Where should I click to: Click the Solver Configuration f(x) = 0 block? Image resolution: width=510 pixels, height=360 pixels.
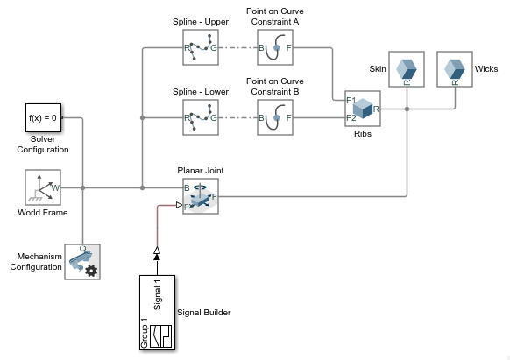coord(43,116)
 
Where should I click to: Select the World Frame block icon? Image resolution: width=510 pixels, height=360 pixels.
coord(43,187)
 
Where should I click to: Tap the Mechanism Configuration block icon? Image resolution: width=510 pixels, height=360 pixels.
coord(82,262)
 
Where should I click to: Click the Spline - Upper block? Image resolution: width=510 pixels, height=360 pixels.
coord(201,47)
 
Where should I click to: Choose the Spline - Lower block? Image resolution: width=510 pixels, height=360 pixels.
coord(201,116)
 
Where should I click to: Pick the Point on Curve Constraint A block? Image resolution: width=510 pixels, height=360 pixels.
coord(275,47)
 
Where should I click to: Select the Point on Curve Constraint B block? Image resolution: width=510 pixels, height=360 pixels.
coord(275,116)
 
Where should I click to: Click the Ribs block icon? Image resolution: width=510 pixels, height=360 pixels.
coord(363,109)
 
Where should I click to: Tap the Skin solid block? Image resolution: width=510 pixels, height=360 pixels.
coord(407,68)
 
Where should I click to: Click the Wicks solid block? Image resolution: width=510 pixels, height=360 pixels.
coord(454,68)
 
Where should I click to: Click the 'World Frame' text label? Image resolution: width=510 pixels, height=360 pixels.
coord(43,213)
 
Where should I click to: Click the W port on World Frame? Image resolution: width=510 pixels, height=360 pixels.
coord(55,187)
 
